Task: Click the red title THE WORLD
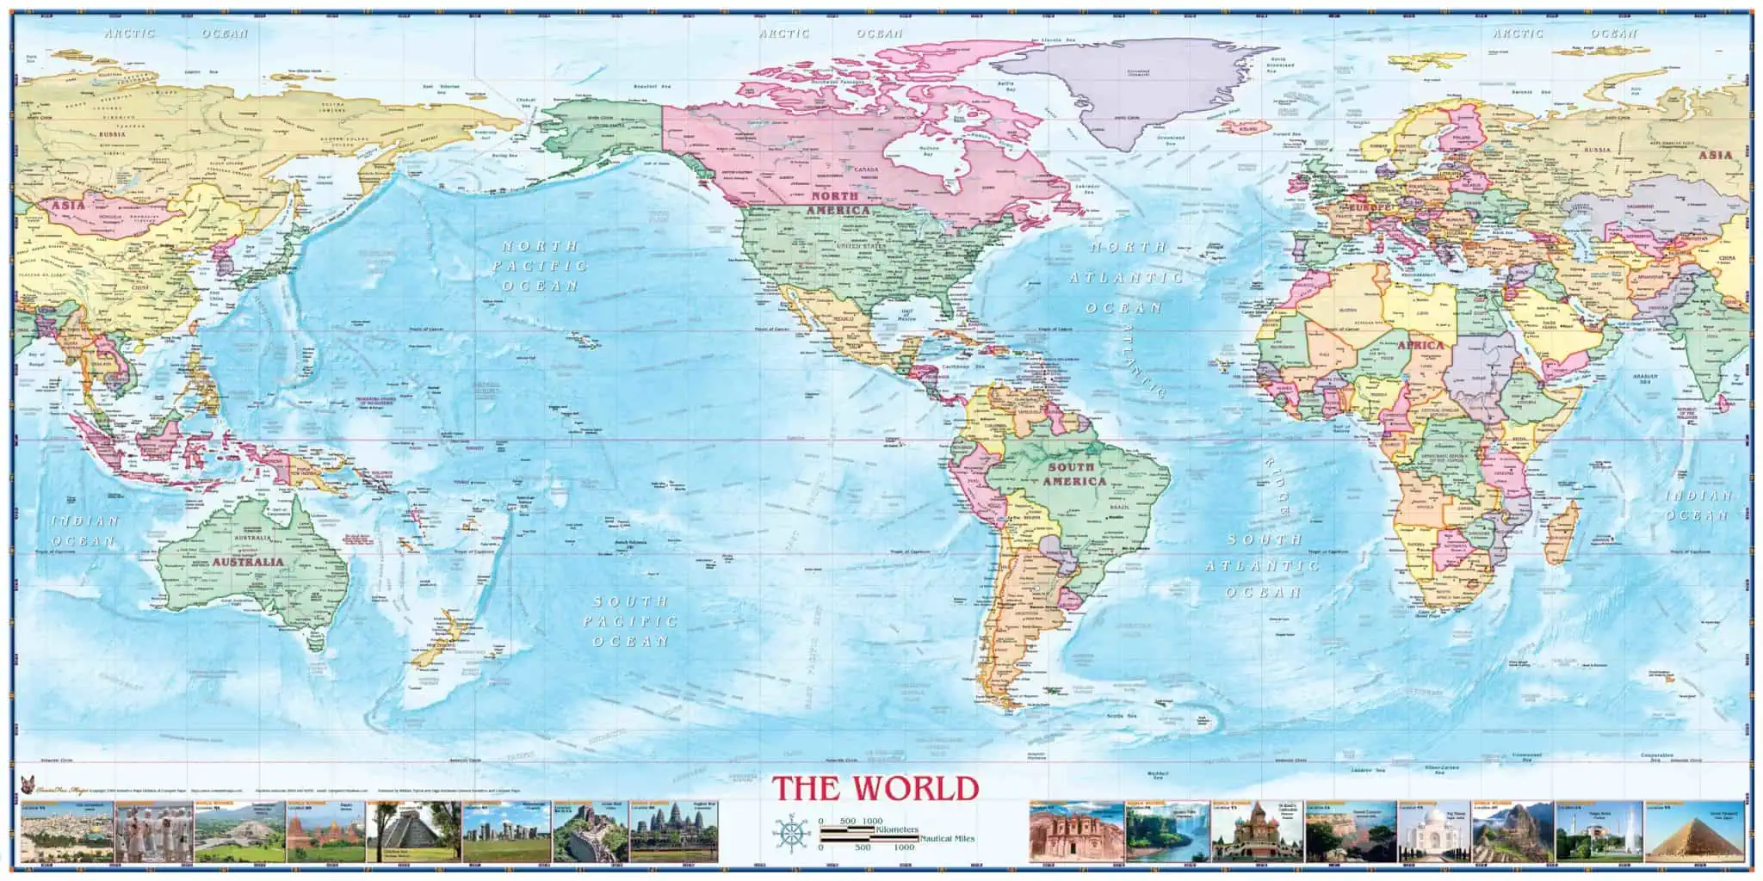(875, 788)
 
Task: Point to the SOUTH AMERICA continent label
(1073, 474)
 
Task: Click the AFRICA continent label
(1420, 344)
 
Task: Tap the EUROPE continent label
(1370, 208)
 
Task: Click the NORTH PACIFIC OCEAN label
(539, 265)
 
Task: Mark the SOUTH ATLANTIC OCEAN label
(1264, 565)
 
